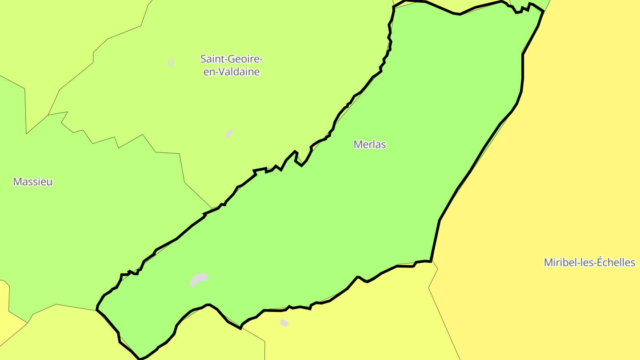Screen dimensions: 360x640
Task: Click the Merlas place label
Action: pyautogui.click(x=370, y=144)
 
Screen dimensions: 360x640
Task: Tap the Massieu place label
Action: pyautogui.click(x=33, y=182)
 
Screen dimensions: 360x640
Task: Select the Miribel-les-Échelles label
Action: pyautogui.click(x=589, y=263)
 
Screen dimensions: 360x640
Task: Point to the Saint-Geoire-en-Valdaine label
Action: pyautogui.click(x=232, y=65)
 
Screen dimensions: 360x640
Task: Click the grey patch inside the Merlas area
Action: pyautogui.click(x=199, y=279)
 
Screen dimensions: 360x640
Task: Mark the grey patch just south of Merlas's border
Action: pyautogui.click(x=284, y=323)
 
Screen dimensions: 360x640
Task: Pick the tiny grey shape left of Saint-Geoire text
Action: pyautogui.click(x=171, y=62)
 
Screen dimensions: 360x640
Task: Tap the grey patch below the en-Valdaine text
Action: pyautogui.click(x=229, y=133)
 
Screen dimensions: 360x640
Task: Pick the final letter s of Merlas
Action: pyautogui.click(x=384, y=145)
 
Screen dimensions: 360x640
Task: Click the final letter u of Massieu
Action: pyautogui.click(x=50, y=182)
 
